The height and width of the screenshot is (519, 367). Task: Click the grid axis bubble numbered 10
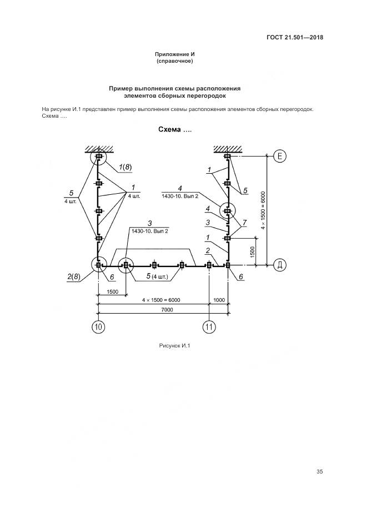click(98, 327)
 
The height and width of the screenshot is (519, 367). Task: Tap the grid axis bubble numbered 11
click(209, 327)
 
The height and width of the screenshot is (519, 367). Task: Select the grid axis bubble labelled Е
click(280, 157)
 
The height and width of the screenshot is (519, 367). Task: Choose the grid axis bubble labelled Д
click(280, 265)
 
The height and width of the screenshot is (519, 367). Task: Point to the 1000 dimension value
click(219, 300)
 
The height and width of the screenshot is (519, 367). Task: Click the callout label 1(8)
click(124, 167)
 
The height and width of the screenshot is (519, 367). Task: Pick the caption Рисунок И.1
click(174, 346)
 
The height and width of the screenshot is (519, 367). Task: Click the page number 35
click(319, 472)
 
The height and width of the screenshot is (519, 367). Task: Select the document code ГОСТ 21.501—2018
click(295, 38)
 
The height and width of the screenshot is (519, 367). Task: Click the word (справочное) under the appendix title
click(174, 61)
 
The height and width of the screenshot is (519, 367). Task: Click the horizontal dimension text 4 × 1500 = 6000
click(161, 300)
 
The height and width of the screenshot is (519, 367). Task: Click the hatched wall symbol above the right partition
click(228, 148)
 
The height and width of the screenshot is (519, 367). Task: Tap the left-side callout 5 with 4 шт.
click(71, 195)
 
